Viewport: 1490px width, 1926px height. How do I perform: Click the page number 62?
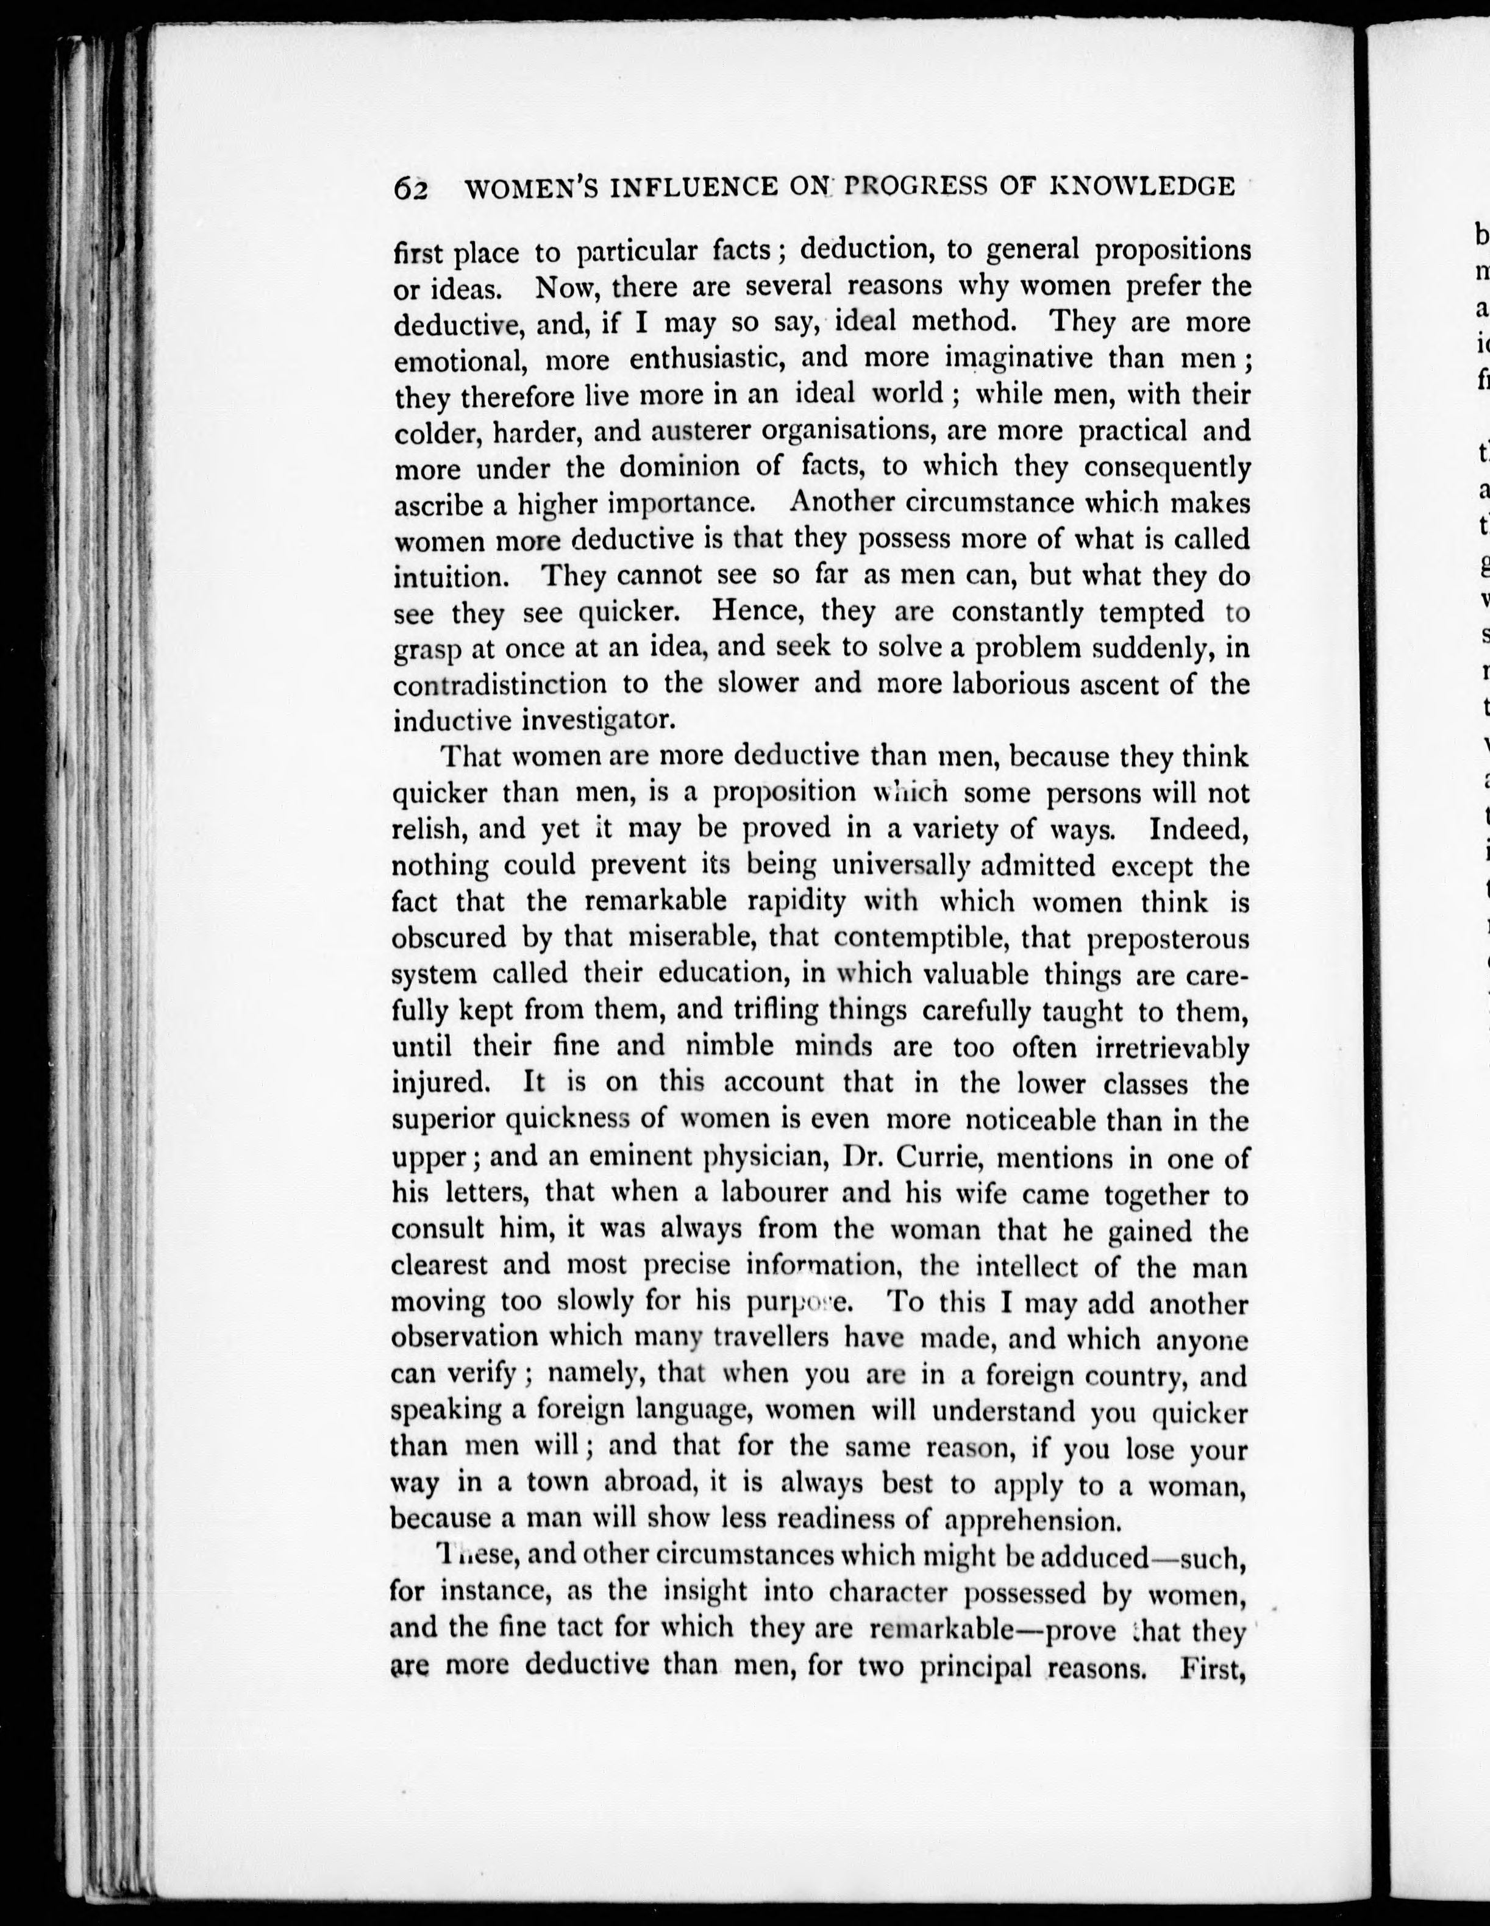tap(410, 189)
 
